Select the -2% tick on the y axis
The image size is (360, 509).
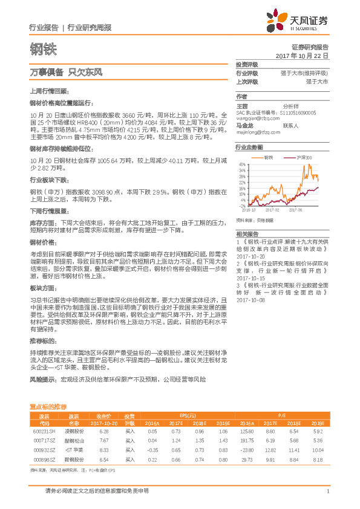(241, 204)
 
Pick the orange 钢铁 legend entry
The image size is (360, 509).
(266, 157)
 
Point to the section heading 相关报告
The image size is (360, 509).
(246, 233)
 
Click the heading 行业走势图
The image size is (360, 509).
(249, 148)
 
